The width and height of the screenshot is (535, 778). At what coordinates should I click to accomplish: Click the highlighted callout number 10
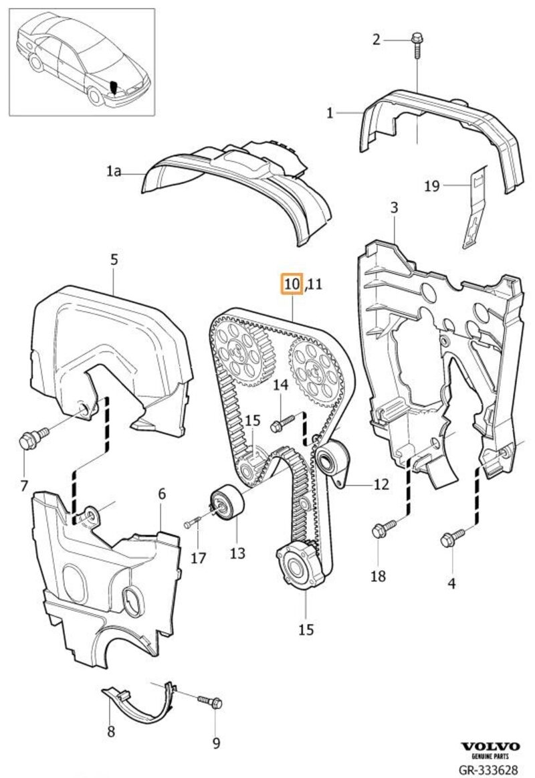(x=292, y=284)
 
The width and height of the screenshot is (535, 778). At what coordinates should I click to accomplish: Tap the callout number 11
(x=314, y=285)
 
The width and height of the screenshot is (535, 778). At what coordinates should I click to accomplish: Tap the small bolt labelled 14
(x=282, y=423)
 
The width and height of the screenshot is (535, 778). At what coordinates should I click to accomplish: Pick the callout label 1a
(x=113, y=172)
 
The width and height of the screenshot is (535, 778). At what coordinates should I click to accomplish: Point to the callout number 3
(x=394, y=207)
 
